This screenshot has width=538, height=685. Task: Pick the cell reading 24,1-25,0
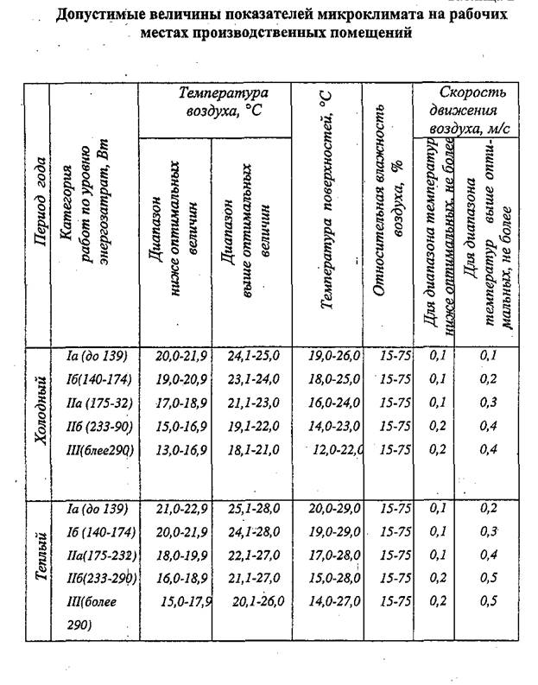pos(251,357)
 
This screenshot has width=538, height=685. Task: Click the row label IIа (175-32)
pos(97,403)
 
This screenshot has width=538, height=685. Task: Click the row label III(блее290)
pos(102,449)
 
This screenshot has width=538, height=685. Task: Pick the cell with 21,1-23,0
pos(251,403)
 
